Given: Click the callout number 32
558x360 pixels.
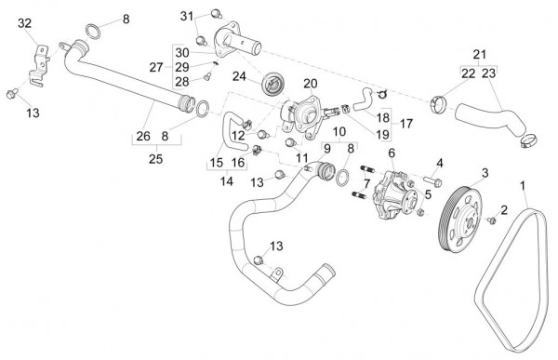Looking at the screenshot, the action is [x=25, y=23].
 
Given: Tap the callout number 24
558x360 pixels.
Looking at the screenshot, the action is [x=240, y=76].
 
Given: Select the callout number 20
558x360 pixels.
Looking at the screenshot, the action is [x=311, y=84].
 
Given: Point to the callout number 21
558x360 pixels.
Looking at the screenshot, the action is [x=479, y=55].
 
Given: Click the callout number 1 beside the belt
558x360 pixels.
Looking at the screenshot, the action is [x=523, y=185].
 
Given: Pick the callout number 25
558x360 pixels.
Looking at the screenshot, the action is [x=156, y=159].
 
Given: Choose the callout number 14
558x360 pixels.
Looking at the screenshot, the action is [x=227, y=181].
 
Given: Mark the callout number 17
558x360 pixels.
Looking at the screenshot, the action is [x=406, y=124].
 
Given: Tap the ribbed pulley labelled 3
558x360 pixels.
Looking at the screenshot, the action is [x=459, y=220].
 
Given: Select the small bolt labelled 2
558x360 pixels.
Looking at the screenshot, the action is [x=492, y=220].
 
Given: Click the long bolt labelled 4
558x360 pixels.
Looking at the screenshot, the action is [x=432, y=180].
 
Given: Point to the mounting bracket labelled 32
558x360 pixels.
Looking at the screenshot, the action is [x=39, y=66].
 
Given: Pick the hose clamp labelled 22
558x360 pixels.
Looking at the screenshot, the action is [x=438, y=103].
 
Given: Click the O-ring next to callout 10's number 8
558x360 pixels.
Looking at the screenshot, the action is [x=342, y=178].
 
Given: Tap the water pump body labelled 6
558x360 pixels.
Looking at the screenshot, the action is [x=394, y=196].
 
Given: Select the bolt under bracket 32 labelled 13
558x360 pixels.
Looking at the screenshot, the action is [x=12, y=94].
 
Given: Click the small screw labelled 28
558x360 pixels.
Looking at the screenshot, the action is [x=207, y=76].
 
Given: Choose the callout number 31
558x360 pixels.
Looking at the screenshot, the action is [x=187, y=16].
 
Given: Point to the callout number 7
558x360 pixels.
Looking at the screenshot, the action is [x=366, y=184].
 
